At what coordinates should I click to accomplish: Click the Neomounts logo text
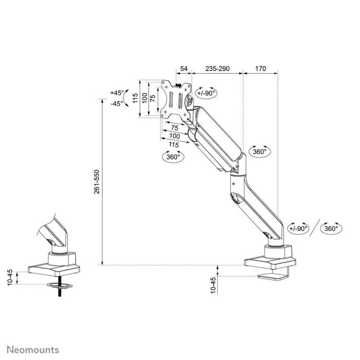[x=33, y=350]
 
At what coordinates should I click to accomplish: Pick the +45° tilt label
[x=117, y=93]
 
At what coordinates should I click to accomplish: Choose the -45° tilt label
[x=117, y=103]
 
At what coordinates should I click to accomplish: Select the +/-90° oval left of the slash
[x=298, y=229]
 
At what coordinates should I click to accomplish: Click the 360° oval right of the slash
[x=331, y=229]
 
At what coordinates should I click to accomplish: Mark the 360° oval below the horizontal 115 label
[x=174, y=157]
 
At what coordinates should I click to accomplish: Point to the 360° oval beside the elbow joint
[x=260, y=152]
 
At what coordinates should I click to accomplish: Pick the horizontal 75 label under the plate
[x=175, y=128]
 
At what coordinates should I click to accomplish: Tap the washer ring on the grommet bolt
[x=61, y=284]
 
